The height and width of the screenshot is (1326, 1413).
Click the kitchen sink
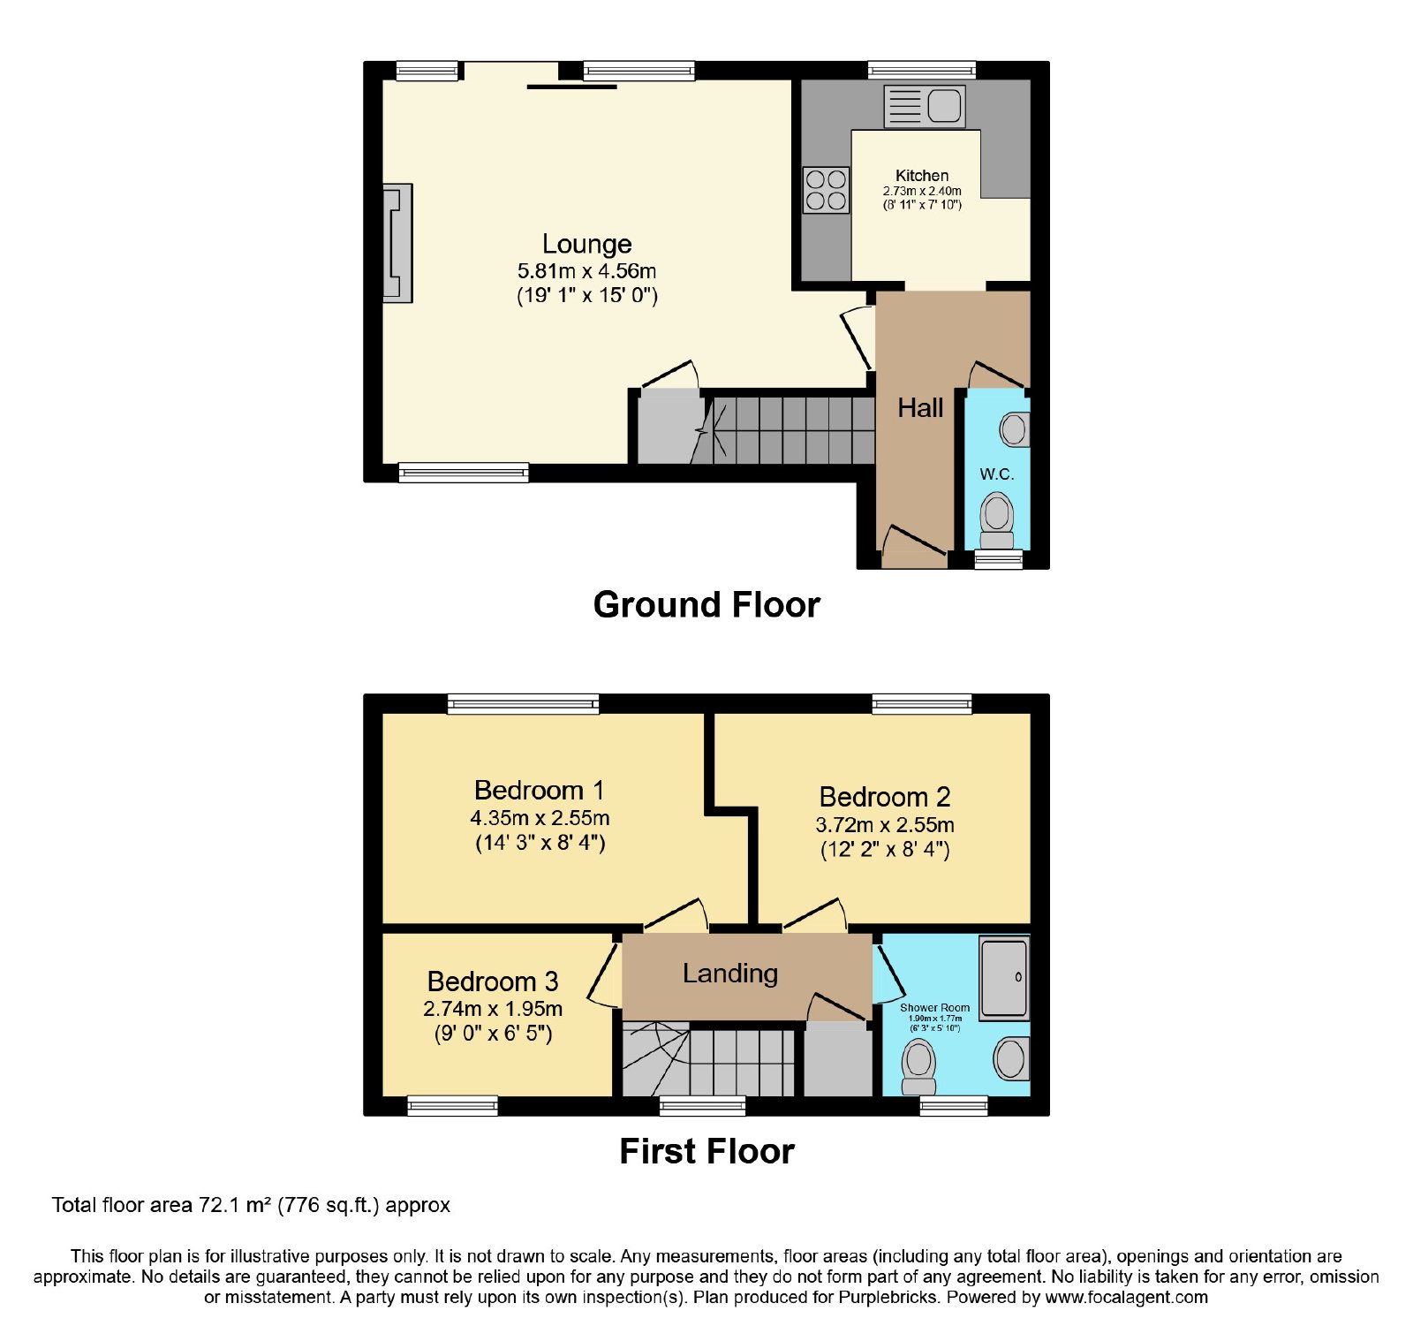pos(925,106)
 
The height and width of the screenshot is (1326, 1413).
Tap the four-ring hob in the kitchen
pos(826,190)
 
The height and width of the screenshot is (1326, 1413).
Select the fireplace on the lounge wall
pos(397,243)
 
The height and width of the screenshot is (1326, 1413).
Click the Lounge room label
pos(587,244)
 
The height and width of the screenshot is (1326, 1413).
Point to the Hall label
pos(920,408)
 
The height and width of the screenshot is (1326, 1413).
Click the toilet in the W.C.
pos(997,521)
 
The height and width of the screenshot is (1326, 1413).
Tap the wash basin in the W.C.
pos(1015,430)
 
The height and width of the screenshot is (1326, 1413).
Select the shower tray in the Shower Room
pos(1005,977)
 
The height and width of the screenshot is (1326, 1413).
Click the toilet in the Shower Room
pos(918,1067)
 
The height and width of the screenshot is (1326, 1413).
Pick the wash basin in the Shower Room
pos(1012,1058)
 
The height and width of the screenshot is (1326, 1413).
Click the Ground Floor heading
pos(706,605)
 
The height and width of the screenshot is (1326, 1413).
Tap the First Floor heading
pos(706,1152)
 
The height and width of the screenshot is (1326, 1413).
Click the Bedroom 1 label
pos(539,790)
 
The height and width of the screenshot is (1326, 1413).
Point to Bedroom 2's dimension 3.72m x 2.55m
pos(885,825)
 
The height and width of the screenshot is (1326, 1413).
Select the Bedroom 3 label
pos(493,981)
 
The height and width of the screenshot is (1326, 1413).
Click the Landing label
pos(730,974)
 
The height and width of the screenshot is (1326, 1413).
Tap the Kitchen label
pos(922,176)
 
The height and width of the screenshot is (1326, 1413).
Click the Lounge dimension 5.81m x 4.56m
pos(587,271)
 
